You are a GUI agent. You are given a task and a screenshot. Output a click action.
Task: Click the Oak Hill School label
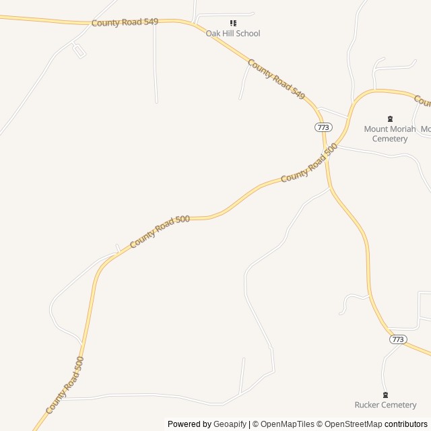(x=233, y=34)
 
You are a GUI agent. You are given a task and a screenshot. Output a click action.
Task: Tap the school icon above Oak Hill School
(x=233, y=23)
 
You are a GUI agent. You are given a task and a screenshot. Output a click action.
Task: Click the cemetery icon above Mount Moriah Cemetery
(x=390, y=119)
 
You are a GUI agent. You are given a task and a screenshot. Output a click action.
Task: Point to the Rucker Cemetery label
(x=385, y=405)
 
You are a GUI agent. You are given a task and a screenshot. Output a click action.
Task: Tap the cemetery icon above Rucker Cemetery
(x=385, y=395)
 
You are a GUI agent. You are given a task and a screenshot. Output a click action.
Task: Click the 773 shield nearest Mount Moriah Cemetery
(x=323, y=127)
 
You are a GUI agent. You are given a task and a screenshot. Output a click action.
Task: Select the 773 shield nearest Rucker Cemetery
(x=397, y=339)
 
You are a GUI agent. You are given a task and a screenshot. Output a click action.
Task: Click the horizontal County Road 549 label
(x=125, y=22)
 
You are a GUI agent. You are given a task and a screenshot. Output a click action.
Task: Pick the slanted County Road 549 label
(x=276, y=79)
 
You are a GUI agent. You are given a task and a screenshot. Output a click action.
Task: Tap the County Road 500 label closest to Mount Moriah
(x=308, y=163)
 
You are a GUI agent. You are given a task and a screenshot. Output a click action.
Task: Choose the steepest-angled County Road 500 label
(x=65, y=386)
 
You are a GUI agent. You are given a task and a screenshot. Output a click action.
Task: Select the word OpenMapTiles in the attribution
(x=287, y=424)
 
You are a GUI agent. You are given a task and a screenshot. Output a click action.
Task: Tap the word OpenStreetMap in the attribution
(x=354, y=424)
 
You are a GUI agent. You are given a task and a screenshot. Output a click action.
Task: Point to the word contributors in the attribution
(x=406, y=424)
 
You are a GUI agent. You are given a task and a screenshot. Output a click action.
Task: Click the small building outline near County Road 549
(x=79, y=51)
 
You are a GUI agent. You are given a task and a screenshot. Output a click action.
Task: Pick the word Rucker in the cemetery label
(x=368, y=405)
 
